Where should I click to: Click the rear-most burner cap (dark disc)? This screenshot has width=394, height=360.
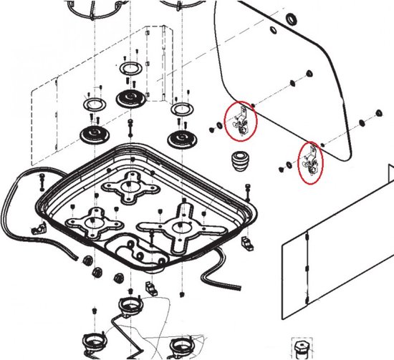[131, 97]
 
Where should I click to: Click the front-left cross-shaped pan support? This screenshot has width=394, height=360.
[94, 223]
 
